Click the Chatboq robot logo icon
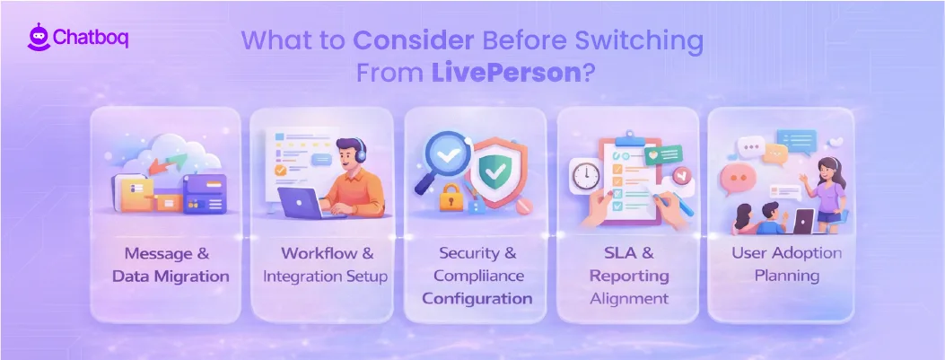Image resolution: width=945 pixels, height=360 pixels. [37, 40]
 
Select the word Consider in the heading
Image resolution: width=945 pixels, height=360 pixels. [409, 41]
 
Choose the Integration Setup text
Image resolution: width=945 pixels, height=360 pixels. [325, 277]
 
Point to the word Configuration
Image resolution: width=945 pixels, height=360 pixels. [477, 298]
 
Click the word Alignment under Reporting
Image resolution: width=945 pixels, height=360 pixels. [629, 298]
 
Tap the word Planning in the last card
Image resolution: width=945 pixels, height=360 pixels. [786, 276]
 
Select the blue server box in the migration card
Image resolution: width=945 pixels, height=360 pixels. [204, 191]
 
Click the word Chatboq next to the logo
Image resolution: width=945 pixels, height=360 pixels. [91, 40]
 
